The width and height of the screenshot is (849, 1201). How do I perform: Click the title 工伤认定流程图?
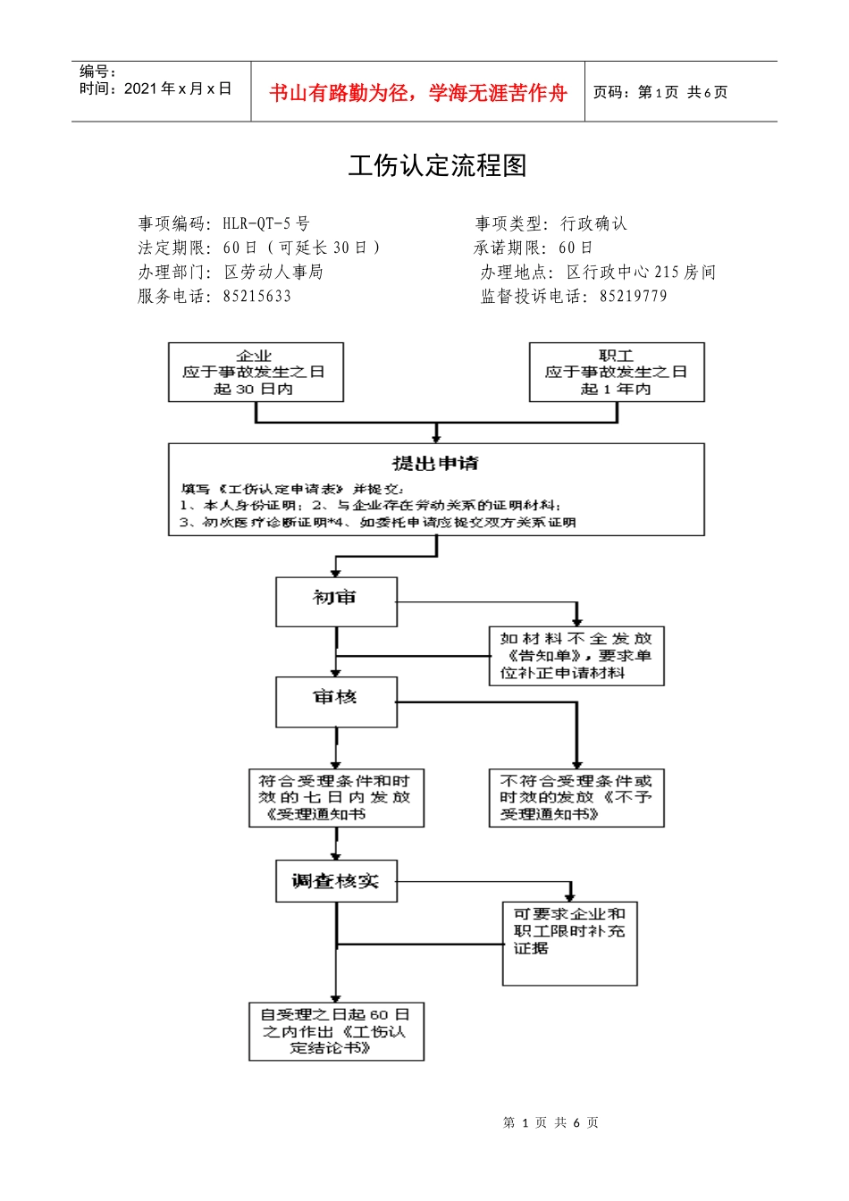tap(437, 165)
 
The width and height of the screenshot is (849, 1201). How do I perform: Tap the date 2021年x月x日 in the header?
tap(178, 88)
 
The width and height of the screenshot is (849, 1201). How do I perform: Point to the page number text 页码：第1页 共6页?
tap(660, 92)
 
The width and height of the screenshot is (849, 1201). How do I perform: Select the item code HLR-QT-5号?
tap(266, 223)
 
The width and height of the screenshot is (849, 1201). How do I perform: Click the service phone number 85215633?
tap(257, 296)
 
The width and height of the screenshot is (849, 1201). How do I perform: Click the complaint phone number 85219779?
tap(633, 296)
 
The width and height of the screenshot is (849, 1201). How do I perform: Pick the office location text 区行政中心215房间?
tap(641, 272)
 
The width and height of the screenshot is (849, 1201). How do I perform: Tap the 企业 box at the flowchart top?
tap(256, 372)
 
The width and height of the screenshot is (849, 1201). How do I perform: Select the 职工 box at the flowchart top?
tap(617, 372)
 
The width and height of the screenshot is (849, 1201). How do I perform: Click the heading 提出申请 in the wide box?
tap(435, 463)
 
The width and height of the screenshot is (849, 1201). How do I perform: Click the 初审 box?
tap(336, 601)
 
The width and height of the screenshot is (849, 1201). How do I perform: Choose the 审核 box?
tap(336, 701)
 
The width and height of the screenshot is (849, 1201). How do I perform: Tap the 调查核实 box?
tap(336, 881)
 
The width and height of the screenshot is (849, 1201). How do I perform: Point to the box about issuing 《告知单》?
tap(576, 656)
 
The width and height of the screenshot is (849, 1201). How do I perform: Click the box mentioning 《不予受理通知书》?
tap(576, 797)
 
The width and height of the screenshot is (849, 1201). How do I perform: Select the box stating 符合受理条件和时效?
tap(336, 797)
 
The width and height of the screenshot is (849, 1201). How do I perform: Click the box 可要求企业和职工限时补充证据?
tap(569, 943)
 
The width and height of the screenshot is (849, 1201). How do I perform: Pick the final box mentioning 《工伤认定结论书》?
tap(336, 1031)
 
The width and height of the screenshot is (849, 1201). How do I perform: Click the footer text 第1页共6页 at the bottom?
tap(551, 1122)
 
